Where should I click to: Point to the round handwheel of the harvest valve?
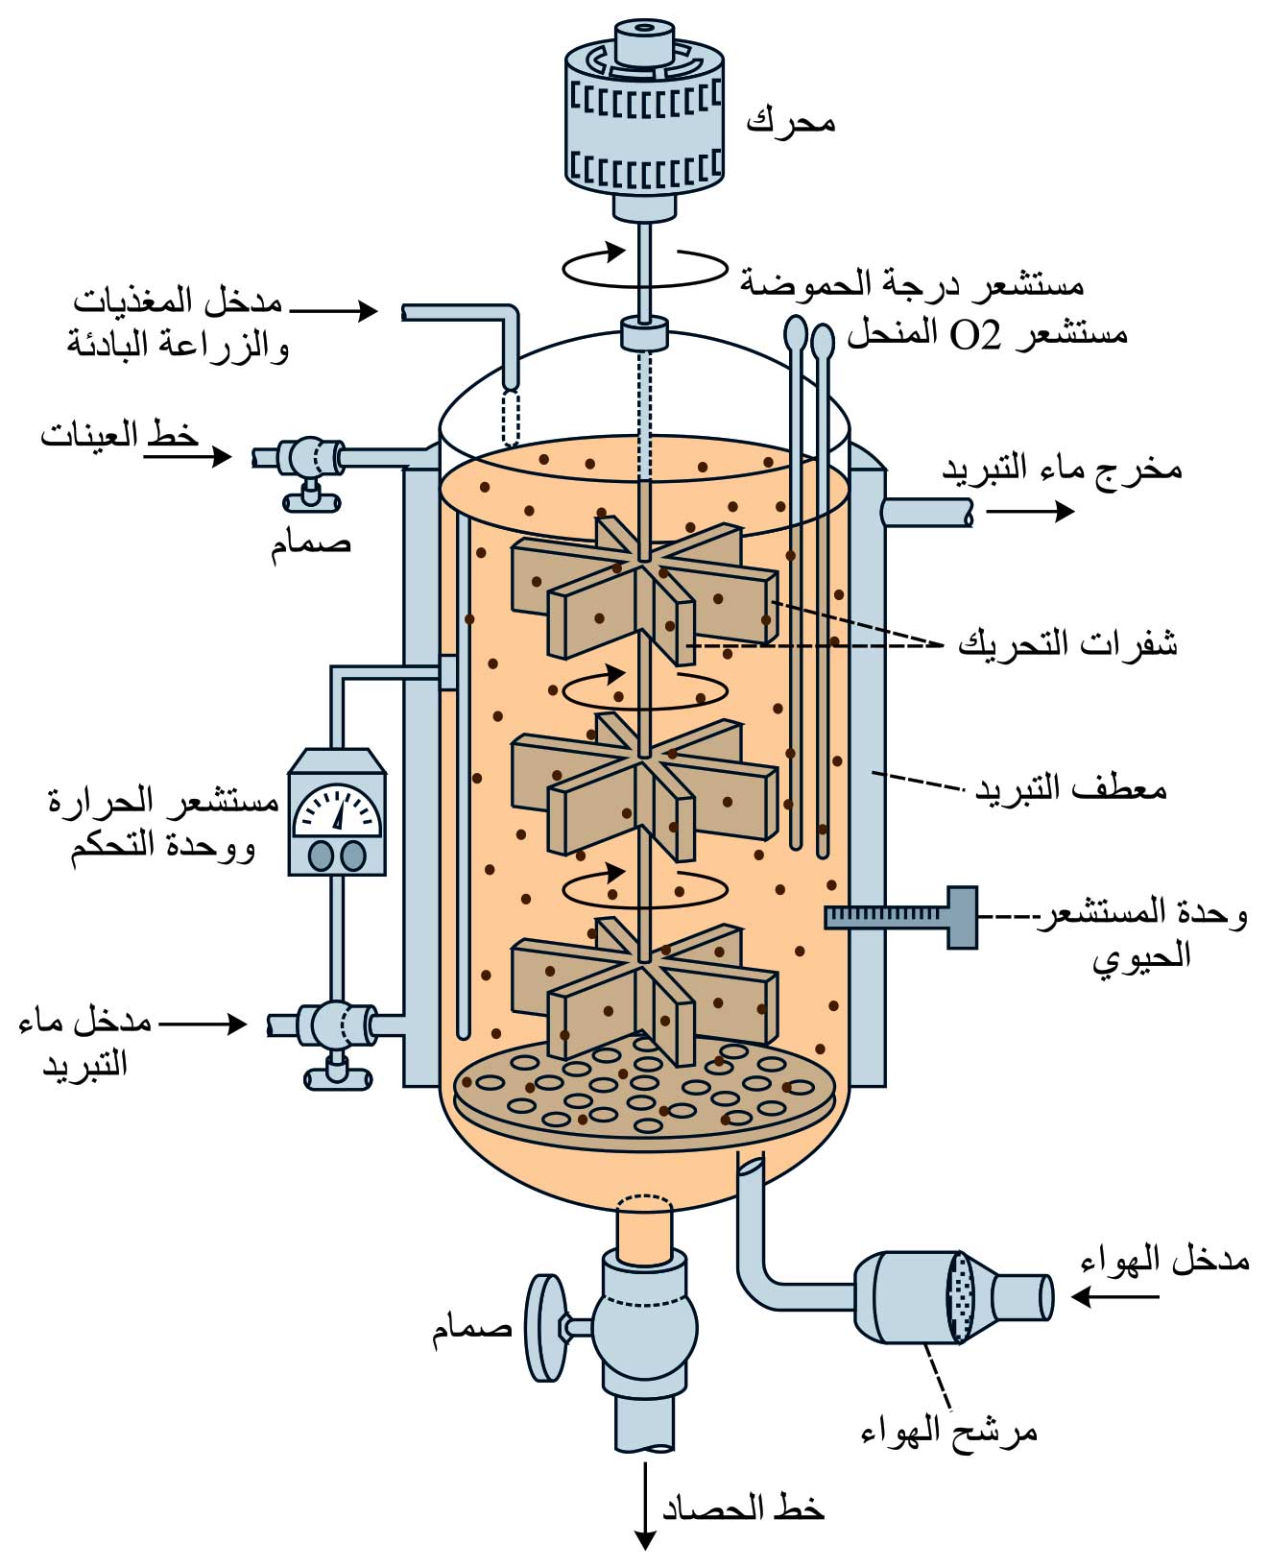coord(544,1328)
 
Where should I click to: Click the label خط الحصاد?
coord(743,1508)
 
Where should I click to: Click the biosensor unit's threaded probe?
coord(888,918)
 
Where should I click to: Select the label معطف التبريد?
coord(1070,789)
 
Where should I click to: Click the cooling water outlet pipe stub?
coord(927,512)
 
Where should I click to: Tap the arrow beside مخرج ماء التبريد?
coord(1030,512)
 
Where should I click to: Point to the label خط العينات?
coord(119,436)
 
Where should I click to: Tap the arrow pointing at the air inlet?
coord(1113,1296)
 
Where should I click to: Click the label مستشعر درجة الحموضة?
coord(911,284)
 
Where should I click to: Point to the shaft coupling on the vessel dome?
coord(643,334)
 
